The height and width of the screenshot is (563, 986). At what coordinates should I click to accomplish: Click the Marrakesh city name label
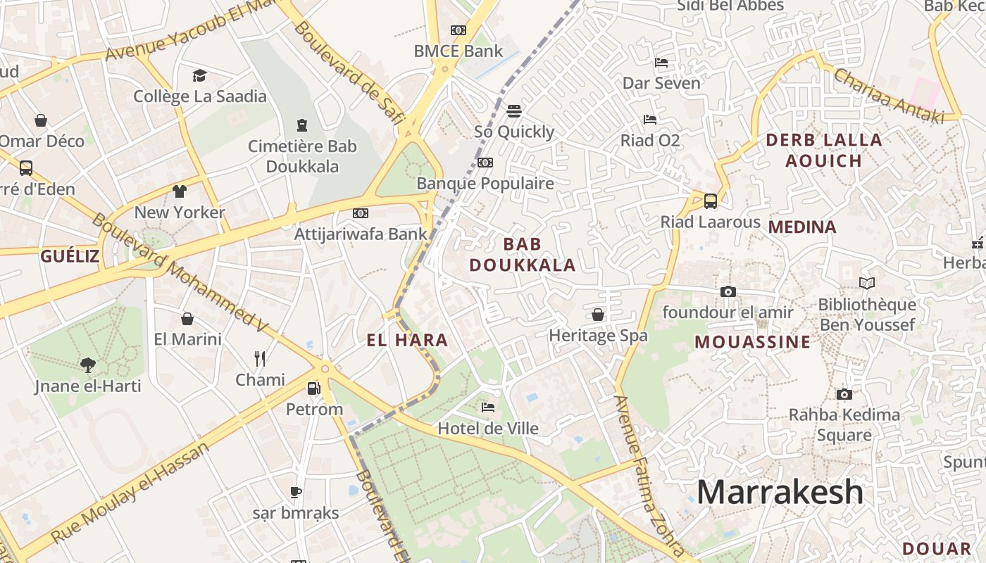coord(780,492)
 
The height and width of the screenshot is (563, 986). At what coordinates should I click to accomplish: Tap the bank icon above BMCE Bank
coord(458,30)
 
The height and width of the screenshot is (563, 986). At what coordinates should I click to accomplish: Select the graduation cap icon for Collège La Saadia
coord(199,75)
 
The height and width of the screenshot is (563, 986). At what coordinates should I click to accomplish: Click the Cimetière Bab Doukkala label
coord(302,156)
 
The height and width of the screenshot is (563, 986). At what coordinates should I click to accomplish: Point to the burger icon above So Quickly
coord(514,110)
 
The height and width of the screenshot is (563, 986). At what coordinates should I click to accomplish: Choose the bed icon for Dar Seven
coord(661,63)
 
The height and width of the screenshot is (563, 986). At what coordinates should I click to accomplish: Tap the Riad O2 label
coord(650,141)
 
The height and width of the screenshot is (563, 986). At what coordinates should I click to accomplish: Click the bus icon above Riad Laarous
coord(711,201)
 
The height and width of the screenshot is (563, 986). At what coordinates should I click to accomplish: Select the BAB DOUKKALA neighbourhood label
coord(523,255)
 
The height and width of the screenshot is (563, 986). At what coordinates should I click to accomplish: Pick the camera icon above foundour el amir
coord(728,291)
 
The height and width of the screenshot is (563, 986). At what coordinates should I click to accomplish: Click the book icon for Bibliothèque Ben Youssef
coord(867,283)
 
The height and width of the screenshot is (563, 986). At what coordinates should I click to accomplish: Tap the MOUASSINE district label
coord(752,343)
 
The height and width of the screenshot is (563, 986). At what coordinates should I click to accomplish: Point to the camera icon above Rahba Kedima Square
coord(844,394)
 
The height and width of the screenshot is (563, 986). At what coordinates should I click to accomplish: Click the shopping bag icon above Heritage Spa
coord(598,314)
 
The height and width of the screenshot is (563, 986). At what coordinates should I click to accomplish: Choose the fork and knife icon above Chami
coord(260,359)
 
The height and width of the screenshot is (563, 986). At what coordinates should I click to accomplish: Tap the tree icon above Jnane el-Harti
coord(88,365)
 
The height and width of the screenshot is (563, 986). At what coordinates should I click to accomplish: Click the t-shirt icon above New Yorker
coord(180,191)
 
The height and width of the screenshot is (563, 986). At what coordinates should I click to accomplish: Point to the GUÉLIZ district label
coord(70,256)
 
